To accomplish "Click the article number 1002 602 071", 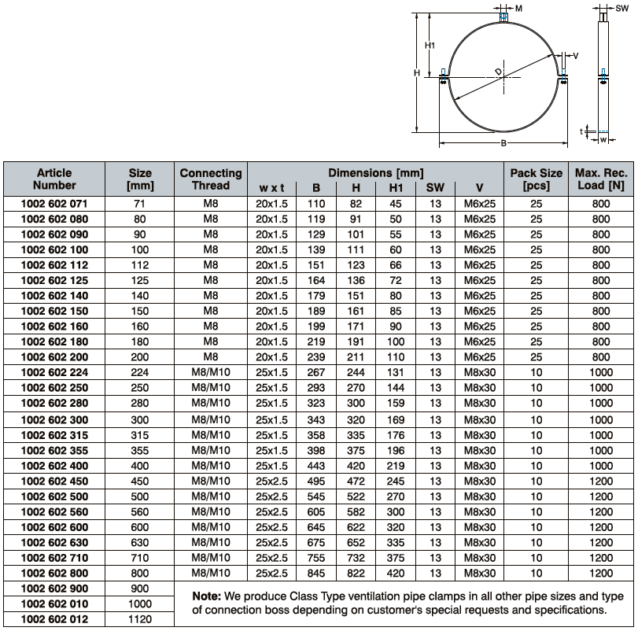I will click(54, 204).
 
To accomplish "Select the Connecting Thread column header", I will click(211, 179).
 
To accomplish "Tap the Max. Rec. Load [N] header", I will click(600, 179).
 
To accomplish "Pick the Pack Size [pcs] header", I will click(536, 179).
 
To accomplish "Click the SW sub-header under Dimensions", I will click(435, 188).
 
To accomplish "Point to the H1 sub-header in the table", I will click(396, 188).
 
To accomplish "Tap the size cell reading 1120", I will click(139, 619).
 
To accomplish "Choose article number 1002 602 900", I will click(54, 589).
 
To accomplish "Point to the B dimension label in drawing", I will click(503, 142).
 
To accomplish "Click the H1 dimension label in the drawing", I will click(430, 46).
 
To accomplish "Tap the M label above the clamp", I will click(518, 7).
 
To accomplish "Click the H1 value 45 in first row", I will click(396, 204).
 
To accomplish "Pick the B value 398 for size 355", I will click(315, 450).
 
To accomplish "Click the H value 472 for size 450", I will click(356, 481).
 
